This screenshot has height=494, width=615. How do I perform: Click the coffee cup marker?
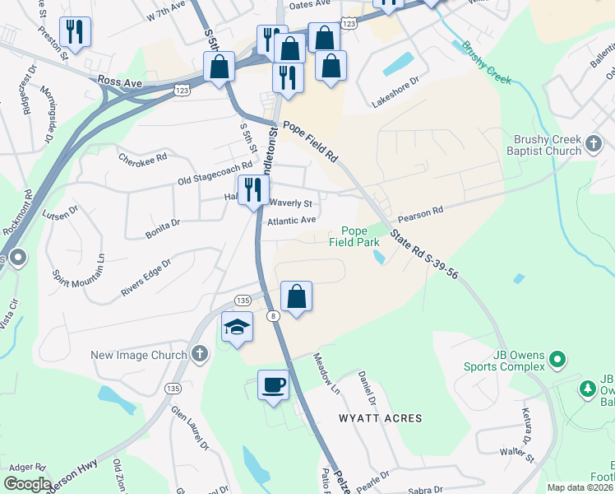[273, 384]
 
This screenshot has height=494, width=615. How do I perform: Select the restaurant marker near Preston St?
[75, 32]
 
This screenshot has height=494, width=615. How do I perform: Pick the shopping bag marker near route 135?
[296, 296]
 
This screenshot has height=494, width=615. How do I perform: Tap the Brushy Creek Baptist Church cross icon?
[594, 146]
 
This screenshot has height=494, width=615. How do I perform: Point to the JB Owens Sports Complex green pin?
[558, 360]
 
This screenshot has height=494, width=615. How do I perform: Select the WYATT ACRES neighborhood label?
[381, 418]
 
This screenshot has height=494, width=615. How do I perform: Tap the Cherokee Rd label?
[142, 156]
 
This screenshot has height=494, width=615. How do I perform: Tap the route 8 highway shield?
[272, 315]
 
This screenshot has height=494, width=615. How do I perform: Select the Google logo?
[27, 483]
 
